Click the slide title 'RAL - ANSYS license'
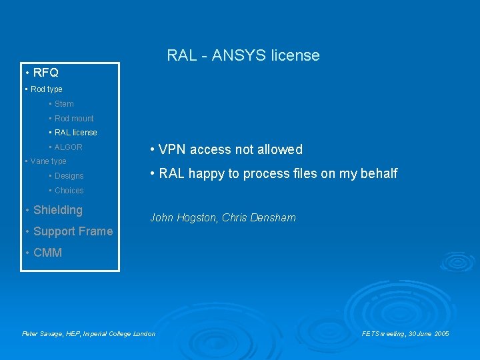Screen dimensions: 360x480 coord(243,55)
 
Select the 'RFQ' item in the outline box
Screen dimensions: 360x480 coord(45,73)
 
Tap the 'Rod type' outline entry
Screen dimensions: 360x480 coord(46,89)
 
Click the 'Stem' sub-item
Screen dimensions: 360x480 coord(64,104)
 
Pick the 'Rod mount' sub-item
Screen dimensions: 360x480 coord(74,119)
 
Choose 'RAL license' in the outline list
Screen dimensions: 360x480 coord(75,133)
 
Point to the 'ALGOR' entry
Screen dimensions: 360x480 coord(68,147)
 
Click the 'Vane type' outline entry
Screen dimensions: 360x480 coord(48,161)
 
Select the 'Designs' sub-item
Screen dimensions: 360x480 coord(69,176)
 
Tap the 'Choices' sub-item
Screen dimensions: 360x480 coord(69,191)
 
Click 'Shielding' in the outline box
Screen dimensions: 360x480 coord(57,210)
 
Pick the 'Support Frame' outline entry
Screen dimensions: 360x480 coord(73,231)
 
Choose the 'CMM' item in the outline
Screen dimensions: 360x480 coord(47,253)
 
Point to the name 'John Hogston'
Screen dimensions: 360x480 coord(183,218)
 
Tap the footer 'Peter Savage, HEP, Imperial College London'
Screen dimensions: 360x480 coord(89,333)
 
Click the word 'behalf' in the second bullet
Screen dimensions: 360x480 coord(378,173)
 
